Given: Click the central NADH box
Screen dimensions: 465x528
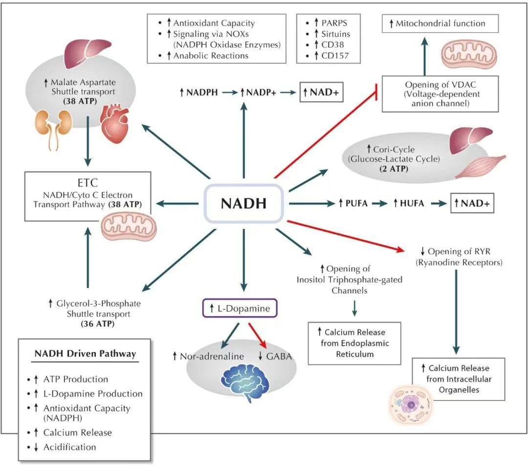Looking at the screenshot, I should (243, 203).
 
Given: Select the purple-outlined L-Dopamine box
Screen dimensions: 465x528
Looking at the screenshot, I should (240, 309).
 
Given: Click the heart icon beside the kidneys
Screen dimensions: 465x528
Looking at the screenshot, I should (116, 121).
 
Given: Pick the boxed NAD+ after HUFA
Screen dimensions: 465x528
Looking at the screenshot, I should (472, 203).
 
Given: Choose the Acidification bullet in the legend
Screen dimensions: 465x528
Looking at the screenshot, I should (69, 447).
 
